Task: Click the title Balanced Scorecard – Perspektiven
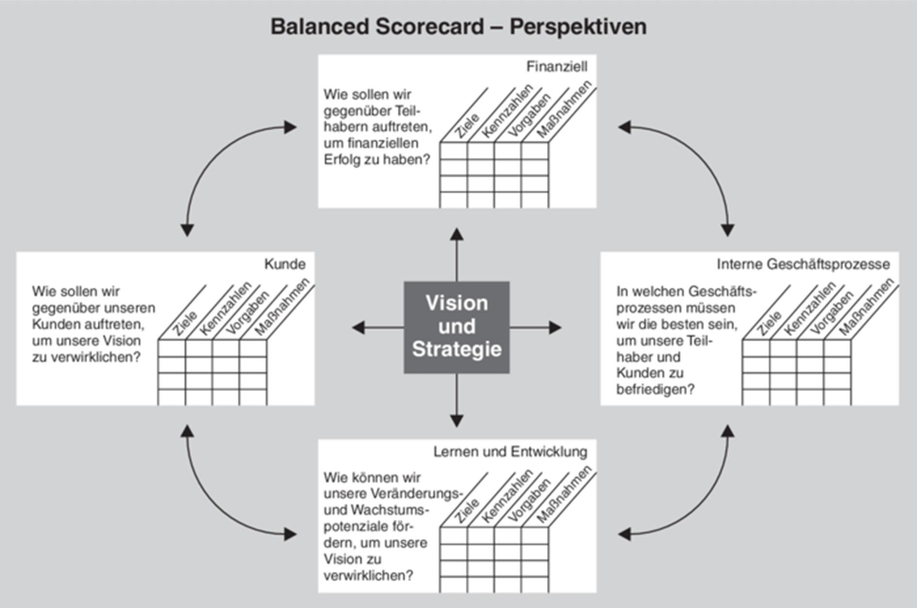point(458,26)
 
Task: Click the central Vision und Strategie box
point(457,327)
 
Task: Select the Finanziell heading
point(557,66)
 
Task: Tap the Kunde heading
point(285,264)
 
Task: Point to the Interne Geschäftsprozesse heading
point(803,264)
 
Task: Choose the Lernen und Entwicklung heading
point(510,452)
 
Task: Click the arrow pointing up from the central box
point(457,255)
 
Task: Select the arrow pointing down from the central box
point(457,400)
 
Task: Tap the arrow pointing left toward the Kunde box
point(378,328)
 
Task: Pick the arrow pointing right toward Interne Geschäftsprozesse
point(535,328)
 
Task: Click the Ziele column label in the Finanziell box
point(467,126)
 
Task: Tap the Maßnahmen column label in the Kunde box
point(282,307)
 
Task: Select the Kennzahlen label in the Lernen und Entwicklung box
point(507,496)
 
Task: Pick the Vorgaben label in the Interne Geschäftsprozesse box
point(832,313)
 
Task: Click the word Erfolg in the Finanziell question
point(342,159)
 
